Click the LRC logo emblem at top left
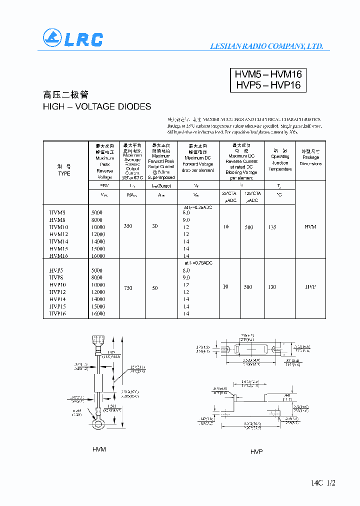coord(51,38)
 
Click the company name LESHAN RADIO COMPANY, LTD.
coord(266,46)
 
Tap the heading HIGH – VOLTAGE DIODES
coord(97,106)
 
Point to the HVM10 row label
coord(58,227)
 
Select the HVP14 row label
coord(58,299)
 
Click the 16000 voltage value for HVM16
coord(98,255)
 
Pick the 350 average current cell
coord(128,226)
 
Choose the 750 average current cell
coord(128,288)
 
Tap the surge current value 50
coord(155,288)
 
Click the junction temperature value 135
coord(272,227)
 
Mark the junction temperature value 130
coord(272,287)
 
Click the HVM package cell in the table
coord(310,227)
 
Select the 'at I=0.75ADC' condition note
coord(198,262)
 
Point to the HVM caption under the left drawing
coord(99,449)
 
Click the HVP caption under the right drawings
coord(256,451)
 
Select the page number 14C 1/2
coord(323,483)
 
